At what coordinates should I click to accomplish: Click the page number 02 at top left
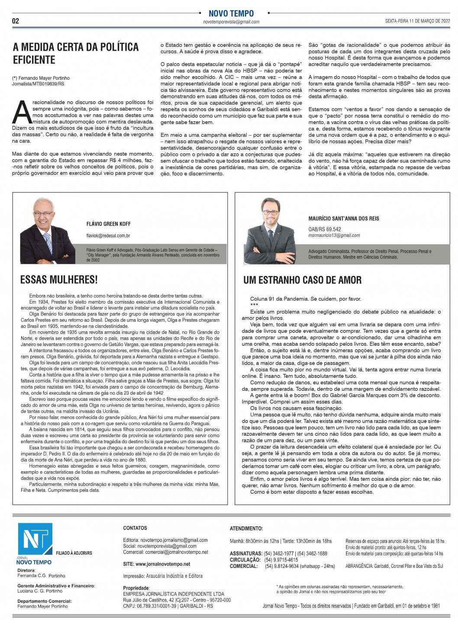pyautogui.click(x=16, y=21)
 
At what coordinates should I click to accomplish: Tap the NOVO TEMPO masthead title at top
pyautogui.click(x=231, y=13)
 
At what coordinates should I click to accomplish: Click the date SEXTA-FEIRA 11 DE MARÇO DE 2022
pyautogui.click(x=418, y=21)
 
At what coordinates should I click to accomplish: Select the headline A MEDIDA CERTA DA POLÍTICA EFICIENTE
pyautogui.click(x=75, y=53)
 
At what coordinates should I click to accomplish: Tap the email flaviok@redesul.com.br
pyautogui.click(x=108, y=236)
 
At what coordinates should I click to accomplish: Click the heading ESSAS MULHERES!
pyautogui.click(x=59, y=280)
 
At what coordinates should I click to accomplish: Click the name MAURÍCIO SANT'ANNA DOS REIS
pyautogui.click(x=344, y=218)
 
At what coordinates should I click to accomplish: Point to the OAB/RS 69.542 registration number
pyautogui.click(x=324, y=229)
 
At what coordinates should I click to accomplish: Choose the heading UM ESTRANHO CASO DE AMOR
pyautogui.click(x=302, y=280)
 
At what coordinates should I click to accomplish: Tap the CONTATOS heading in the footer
pyautogui.click(x=135, y=528)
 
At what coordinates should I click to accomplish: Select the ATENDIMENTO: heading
pyautogui.click(x=246, y=528)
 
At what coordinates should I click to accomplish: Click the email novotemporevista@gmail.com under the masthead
pyautogui.click(x=231, y=22)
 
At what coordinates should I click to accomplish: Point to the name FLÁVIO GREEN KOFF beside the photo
pyautogui.click(x=108, y=224)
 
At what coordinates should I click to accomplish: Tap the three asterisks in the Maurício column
pyautogui.click(x=254, y=305)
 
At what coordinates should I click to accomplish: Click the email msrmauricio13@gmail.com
pyautogui.click(x=334, y=235)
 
